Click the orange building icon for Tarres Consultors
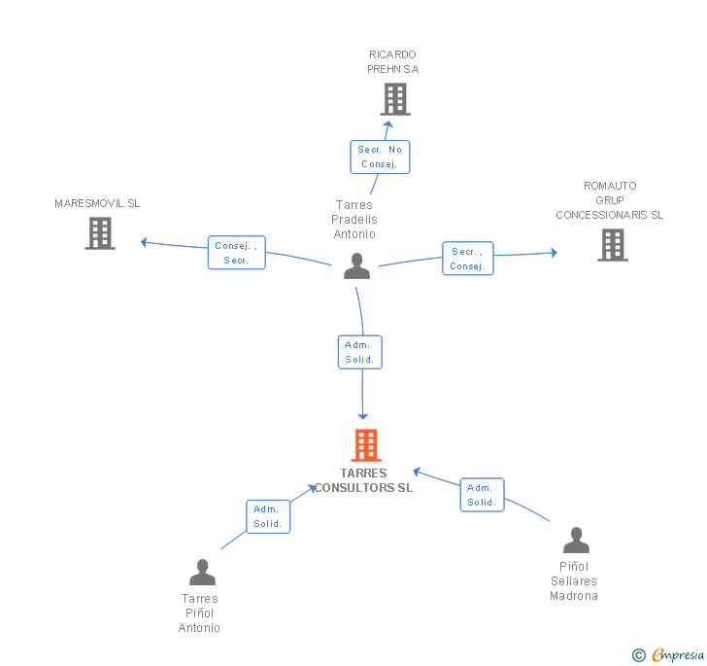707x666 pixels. [366, 444]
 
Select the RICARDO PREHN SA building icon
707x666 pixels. [395, 99]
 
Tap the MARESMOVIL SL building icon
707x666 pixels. [100, 233]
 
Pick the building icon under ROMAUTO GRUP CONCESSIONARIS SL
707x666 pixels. [613, 245]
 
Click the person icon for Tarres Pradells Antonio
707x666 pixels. [356, 266]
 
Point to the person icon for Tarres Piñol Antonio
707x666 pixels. [202, 572]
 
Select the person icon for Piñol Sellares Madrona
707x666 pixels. [576, 540]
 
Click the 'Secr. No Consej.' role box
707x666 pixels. [380, 157]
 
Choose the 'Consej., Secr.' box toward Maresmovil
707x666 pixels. [237, 253]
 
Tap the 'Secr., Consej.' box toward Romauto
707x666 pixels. [468, 259]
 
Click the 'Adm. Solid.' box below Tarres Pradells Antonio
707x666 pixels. [359, 352]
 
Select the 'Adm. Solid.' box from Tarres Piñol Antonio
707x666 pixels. [268, 516]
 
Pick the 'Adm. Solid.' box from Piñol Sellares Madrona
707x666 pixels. [482, 495]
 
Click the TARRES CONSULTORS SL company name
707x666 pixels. [363, 480]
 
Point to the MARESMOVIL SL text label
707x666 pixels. [97, 203]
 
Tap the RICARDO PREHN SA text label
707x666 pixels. [392, 62]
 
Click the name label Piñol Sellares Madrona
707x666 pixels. [574, 581]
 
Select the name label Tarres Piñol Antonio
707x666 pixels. [199, 613]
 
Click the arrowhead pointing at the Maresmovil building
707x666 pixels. [145, 242]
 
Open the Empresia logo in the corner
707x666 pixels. [668, 654]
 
